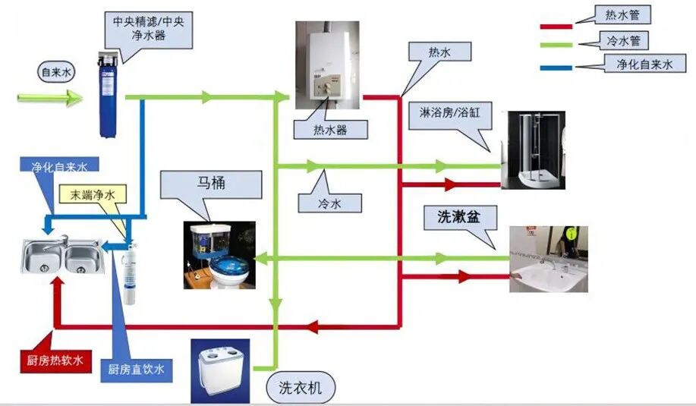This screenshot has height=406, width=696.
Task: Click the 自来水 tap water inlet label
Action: click(x=56, y=73)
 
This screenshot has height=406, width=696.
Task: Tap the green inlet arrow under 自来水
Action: click(x=50, y=98)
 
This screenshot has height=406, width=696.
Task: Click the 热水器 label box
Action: click(x=330, y=130)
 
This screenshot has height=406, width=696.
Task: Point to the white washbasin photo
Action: click(x=547, y=260)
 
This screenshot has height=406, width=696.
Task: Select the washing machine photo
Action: click(x=220, y=371)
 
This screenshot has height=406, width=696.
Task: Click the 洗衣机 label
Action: click(x=301, y=389)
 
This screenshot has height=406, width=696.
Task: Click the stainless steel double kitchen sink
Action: click(x=61, y=257)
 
